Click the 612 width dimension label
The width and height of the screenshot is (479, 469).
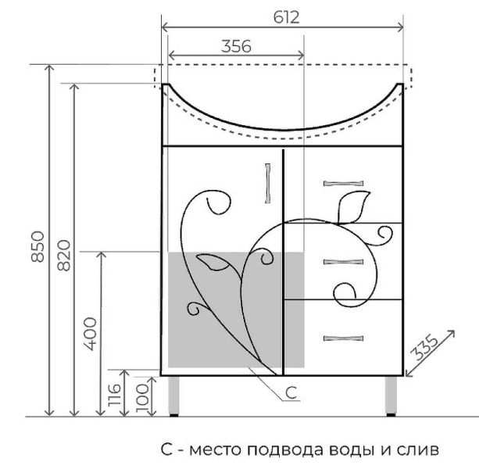pos(286,17)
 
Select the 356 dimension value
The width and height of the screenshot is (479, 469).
pos(236,46)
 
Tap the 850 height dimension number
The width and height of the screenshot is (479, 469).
pos(38,246)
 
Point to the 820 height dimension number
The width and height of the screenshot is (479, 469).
pos(64,256)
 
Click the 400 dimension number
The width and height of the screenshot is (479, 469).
pos(91,334)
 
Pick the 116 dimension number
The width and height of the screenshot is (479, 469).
pos(115,395)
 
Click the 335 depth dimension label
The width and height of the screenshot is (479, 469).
pos(424,347)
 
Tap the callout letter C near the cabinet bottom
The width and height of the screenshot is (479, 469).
pos(291,392)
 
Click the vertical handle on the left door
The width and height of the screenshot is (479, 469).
pos(268,184)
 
